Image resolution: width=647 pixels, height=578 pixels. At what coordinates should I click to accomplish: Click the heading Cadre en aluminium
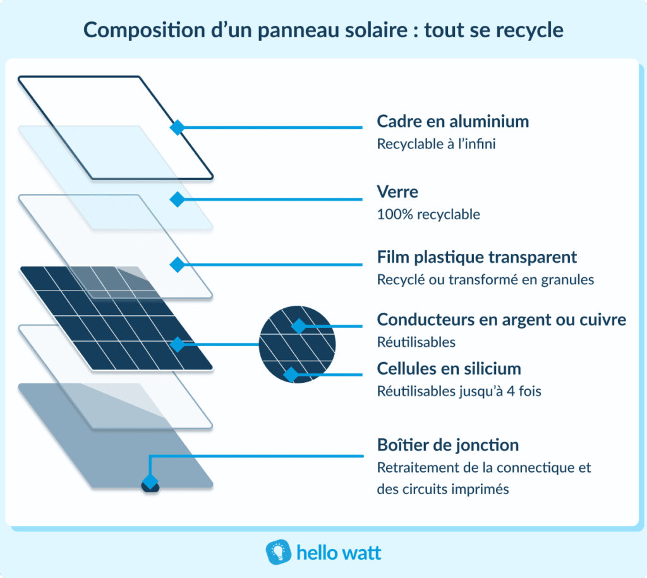452,121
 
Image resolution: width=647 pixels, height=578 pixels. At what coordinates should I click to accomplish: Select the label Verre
397,191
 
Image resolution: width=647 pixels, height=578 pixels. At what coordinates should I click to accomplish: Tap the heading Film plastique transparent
476,257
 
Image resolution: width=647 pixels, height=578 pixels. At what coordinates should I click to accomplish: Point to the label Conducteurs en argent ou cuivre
501,320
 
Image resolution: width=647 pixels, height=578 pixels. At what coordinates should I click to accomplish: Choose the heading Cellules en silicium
449,368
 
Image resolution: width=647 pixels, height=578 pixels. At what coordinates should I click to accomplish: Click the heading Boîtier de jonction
447,445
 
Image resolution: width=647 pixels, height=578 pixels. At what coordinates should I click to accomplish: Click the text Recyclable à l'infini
436,144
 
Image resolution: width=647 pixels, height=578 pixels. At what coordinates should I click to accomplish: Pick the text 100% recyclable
428,215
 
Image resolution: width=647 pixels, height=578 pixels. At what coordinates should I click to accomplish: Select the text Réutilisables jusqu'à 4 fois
459,392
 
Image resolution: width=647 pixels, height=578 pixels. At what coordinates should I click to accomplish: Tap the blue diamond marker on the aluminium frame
178,127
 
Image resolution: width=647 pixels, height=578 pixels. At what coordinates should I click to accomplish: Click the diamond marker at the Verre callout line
178,199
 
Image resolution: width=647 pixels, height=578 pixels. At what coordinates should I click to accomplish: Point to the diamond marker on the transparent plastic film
178,263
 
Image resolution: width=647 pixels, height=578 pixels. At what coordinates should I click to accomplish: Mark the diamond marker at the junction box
150,483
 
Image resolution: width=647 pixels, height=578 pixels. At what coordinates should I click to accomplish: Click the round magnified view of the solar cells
298,344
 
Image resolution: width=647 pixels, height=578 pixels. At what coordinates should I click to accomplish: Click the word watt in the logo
360,553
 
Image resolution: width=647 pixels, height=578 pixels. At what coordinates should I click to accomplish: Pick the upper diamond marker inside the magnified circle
298,327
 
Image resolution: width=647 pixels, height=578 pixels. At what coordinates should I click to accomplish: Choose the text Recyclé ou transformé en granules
485,280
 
